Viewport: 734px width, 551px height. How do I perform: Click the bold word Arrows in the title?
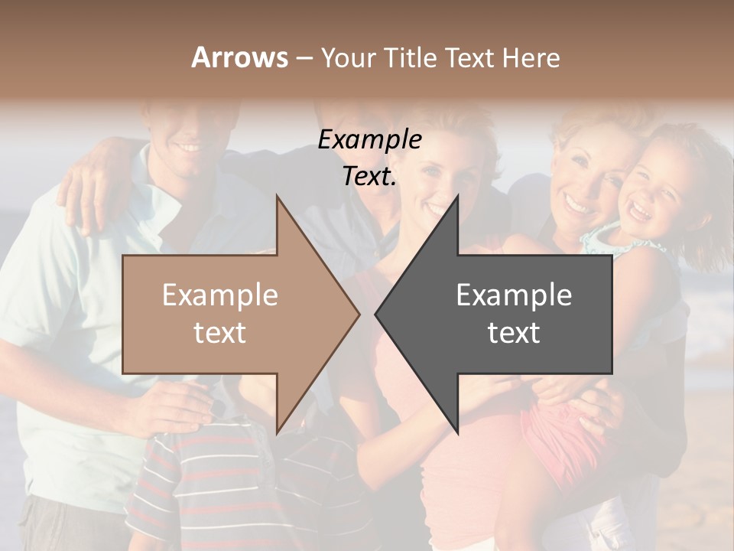pos(239,57)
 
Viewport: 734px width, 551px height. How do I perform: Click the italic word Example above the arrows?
pos(369,140)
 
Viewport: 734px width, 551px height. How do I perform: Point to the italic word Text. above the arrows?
pos(369,177)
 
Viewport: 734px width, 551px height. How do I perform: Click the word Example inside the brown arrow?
pos(220,295)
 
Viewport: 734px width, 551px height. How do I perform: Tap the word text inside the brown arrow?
pos(220,333)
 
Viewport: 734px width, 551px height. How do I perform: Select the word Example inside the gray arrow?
pos(514,295)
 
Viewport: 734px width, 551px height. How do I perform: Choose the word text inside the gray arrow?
pos(514,333)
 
